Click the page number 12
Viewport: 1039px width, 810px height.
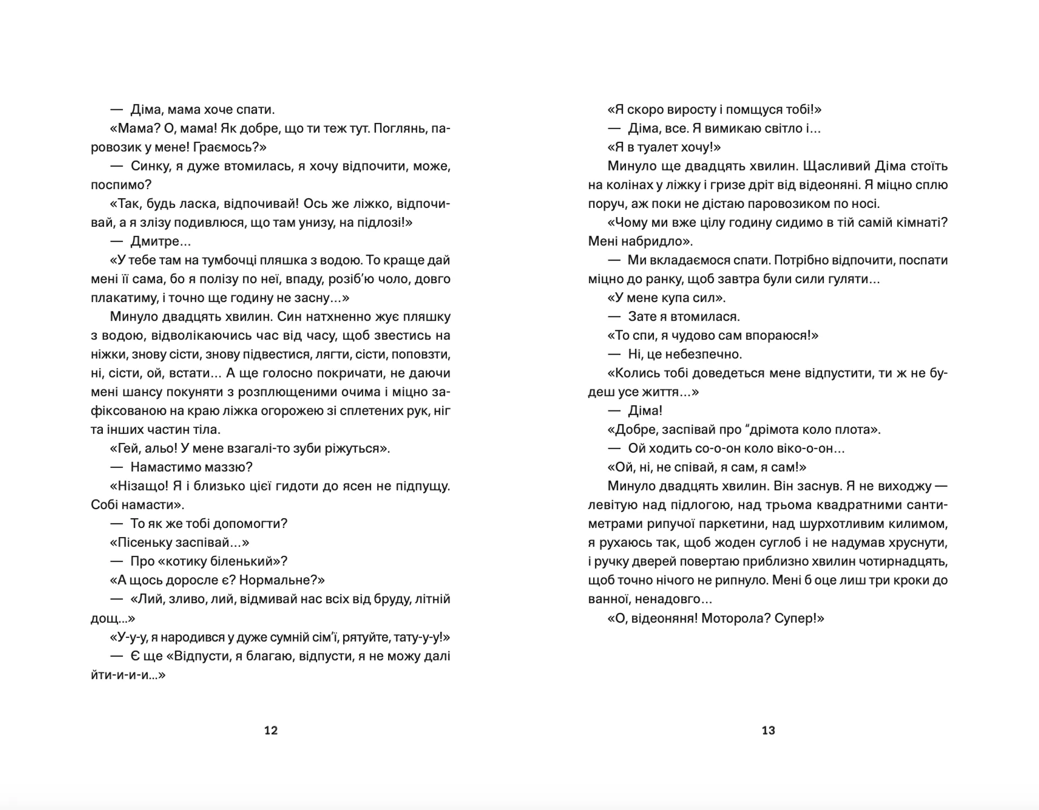[x=271, y=730]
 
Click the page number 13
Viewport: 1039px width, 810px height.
[x=768, y=730]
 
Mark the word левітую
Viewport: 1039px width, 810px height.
[x=613, y=505]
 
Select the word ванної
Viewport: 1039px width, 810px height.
[x=609, y=599]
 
